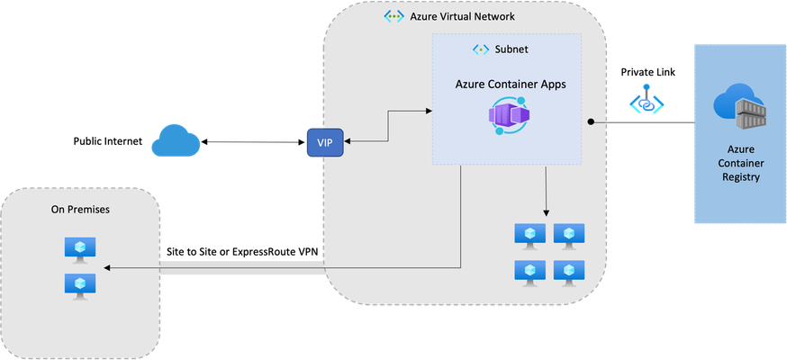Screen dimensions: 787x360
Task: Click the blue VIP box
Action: point(324,142)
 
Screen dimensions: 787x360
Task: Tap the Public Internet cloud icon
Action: point(176,141)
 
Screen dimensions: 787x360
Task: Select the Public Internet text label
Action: point(108,141)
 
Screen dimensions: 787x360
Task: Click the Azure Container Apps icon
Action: point(506,116)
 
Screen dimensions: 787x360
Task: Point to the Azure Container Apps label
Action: point(511,85)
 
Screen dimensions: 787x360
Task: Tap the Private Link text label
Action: point(648,72)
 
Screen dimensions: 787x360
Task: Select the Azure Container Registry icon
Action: point(740,106)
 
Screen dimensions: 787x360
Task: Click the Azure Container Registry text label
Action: point(740,163)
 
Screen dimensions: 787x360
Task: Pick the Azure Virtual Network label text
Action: point(462,16)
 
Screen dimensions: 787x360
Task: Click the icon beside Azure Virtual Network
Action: point(393,16)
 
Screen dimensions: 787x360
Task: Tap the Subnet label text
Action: point(511,49)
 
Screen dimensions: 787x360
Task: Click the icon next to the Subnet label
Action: point(481,49)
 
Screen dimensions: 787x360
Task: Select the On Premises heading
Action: point(80,210)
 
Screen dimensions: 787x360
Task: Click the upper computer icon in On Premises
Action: point(80,250)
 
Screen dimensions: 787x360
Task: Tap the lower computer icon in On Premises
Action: point(80,287)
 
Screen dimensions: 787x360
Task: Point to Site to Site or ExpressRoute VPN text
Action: point(242,252)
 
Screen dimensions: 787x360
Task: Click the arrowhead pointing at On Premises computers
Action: point(106,268)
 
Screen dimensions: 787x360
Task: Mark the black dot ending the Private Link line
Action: point(592,121)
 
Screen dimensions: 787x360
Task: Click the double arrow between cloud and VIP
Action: point(253,142)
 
